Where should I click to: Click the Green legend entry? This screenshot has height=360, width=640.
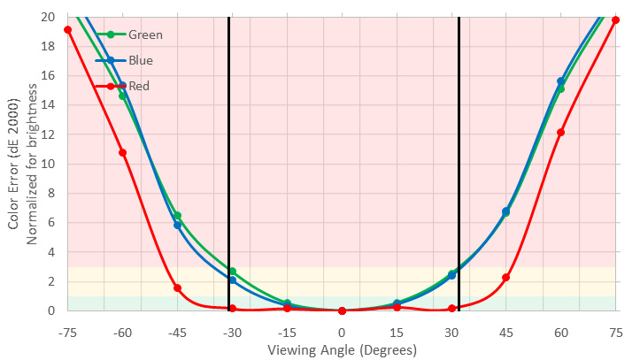click(x=145, y=35)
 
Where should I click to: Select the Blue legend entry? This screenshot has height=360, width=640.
click(x=140, y=60)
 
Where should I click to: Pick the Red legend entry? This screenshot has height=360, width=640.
click(x=138, y=86)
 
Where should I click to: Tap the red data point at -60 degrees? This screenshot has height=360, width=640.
click(x=122, y=152)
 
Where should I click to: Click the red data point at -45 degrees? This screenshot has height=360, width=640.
click(x=177, y=287)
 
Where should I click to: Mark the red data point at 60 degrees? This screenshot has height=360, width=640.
click(x=560, y=132)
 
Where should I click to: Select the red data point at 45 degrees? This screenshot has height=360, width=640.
click(x=505, y=277)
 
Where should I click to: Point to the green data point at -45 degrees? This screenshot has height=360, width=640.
click(x=177, y=215)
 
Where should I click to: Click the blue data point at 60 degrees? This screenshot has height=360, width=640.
click(x=560, y=81)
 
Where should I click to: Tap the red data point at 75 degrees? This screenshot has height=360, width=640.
click(x=615, y=19)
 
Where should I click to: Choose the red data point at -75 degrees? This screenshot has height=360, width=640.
click(x=67, y=30)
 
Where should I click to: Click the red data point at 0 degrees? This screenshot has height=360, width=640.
click(x=342, y=310)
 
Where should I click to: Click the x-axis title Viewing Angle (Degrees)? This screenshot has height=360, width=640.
click(x=342, y=349)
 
